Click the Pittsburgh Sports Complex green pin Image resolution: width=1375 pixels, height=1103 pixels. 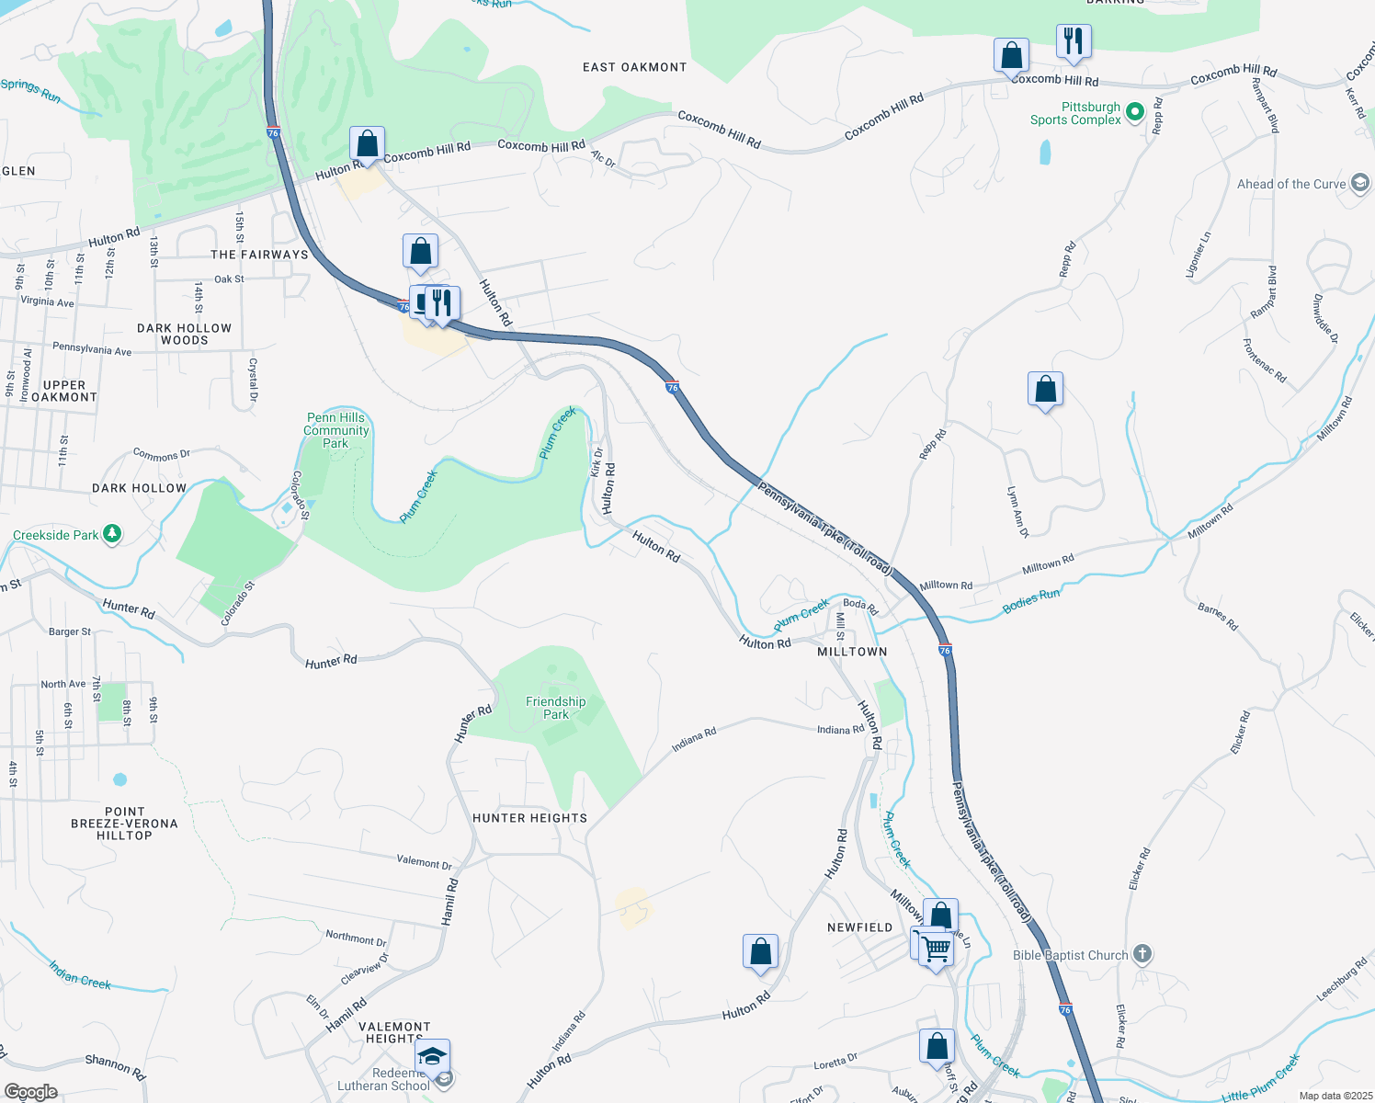click(1134, 112)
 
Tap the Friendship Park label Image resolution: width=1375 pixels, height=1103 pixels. click(555, 708)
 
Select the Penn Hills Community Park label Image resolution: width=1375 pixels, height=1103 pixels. click(336, 430)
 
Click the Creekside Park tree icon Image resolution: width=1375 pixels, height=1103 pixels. click(112, 533)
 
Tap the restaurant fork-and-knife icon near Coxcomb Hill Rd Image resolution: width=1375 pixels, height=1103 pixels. click(1073, 42)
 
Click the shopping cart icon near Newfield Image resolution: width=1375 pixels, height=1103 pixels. click(936, 946)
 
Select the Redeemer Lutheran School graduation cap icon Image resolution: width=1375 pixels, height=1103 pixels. click(432, 1055)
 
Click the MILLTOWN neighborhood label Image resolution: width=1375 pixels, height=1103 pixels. click(852, 652)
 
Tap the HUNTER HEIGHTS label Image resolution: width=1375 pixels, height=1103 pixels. click(529, 818)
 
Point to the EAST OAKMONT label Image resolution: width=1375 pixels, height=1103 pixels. click(634, 67)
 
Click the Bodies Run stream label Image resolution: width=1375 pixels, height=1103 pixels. click(1031, 600)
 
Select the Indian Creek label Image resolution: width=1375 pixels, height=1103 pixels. click(80, 974)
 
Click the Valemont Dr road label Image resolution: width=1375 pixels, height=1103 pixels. click(425, 862)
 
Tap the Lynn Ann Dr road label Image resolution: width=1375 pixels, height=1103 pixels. click(1017, 512)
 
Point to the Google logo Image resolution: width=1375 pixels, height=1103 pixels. click(30, 1092)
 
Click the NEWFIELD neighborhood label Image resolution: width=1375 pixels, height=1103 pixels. click(859, 927)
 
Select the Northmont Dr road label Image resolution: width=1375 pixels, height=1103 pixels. click(356, 938)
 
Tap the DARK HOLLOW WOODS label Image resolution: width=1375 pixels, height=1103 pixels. click(184, 334)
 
